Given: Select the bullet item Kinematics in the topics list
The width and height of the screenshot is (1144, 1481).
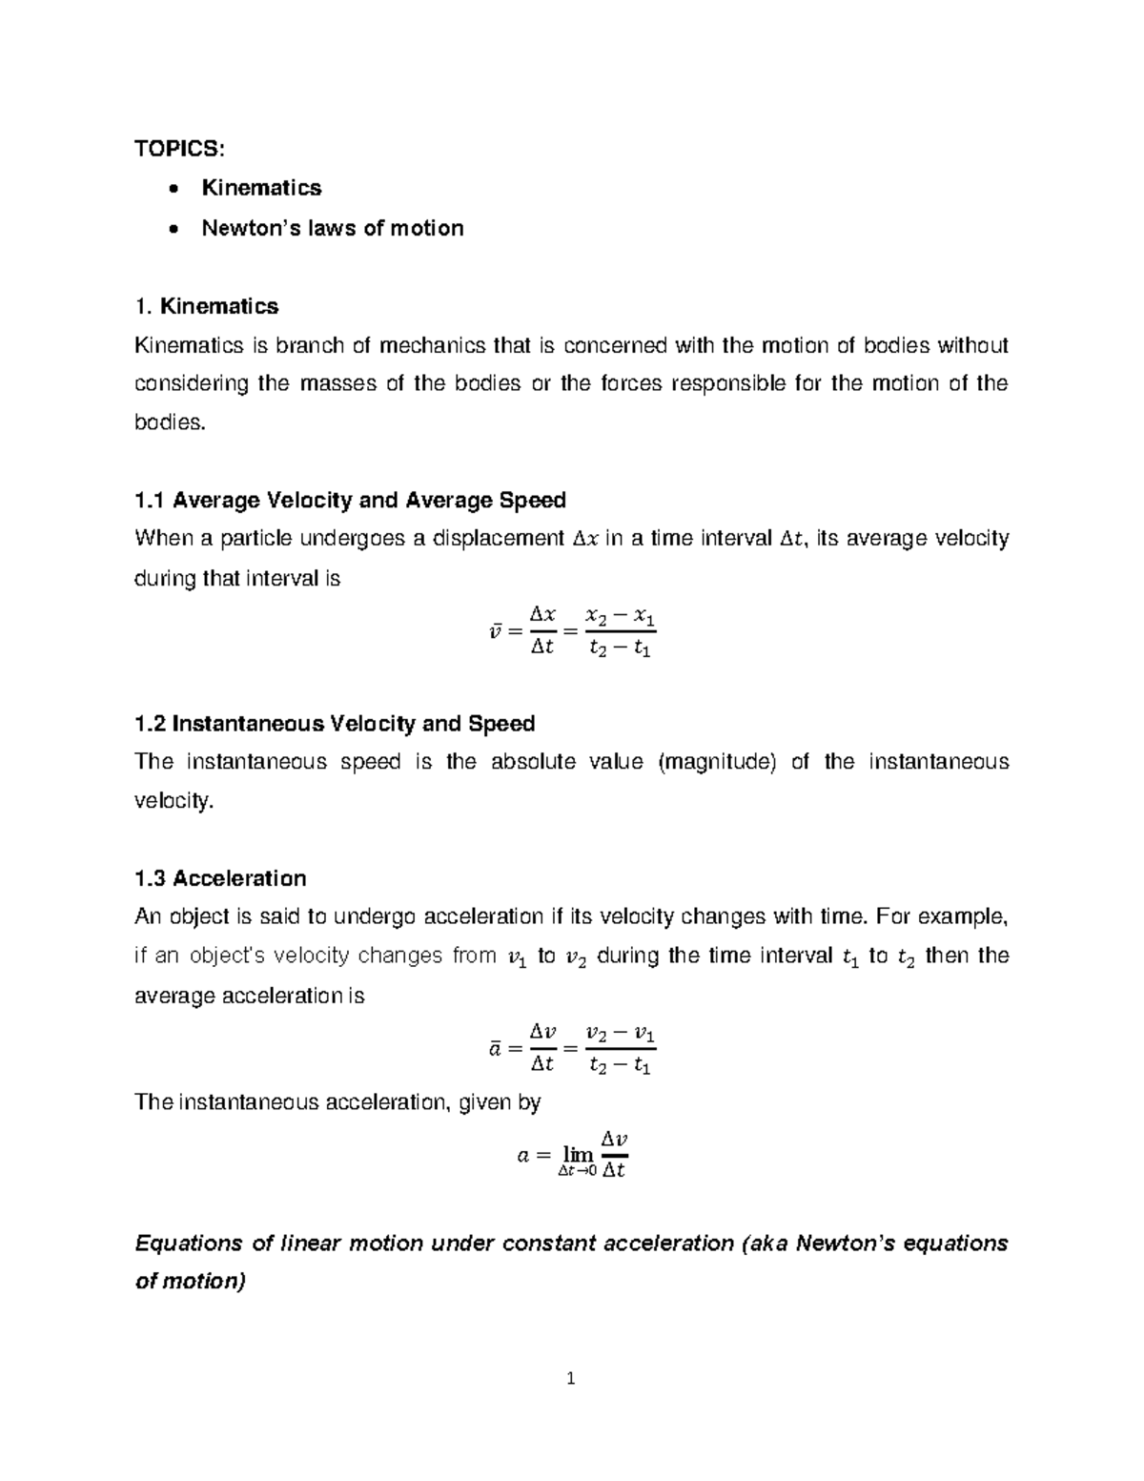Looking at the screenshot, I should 261,188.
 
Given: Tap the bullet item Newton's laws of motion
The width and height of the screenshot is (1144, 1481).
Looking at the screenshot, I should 332,228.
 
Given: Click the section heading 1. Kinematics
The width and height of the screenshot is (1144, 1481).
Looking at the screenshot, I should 207,306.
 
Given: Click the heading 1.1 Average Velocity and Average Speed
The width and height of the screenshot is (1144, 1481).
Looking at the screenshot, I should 350,500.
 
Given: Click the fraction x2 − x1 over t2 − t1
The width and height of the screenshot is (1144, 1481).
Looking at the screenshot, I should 620,633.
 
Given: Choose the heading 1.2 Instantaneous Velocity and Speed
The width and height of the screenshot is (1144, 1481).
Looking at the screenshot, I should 335,724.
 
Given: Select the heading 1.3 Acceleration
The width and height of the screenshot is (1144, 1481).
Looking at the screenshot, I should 220,878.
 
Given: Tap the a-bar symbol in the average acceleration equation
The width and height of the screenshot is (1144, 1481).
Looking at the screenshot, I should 495,1049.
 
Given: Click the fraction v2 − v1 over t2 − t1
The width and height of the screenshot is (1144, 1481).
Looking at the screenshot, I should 620,1049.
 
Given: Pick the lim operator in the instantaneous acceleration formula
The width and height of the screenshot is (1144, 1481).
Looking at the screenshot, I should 577,1155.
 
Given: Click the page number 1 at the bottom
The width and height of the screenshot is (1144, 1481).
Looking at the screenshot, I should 571,1378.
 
